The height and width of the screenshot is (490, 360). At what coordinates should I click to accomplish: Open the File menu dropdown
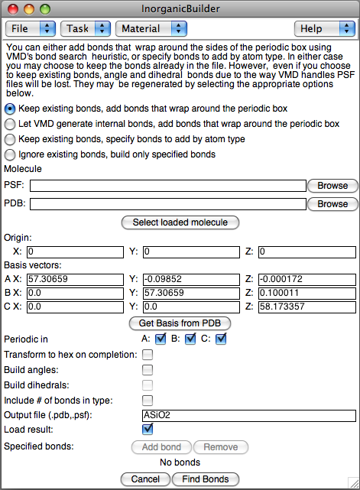(x=31, y=29)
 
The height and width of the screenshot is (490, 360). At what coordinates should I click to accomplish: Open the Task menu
(x=85, y=29)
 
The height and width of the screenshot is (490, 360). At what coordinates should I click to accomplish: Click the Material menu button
(x=151, y=29)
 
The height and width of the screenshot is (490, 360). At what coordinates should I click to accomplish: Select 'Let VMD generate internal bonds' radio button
(x=10, y=124)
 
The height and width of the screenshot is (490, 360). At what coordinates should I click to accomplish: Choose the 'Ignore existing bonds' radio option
(x=10, y=154)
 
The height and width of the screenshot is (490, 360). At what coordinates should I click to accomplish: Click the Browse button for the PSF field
(x=332, y=186)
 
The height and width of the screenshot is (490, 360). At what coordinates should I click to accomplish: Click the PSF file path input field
(x=167, y=186)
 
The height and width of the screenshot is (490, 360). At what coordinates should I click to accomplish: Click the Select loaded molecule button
(x=180, y=222)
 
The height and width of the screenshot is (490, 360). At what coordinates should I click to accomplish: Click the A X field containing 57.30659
(x=74, y=279)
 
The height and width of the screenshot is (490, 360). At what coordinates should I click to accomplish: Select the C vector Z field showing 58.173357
(x=306, y=307)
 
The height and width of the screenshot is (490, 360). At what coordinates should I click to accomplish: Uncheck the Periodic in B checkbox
(x=190, y=339)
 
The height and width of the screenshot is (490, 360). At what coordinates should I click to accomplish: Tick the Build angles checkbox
(x=148, y=370)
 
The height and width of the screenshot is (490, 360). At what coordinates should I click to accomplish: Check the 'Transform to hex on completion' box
(x=148, y=355)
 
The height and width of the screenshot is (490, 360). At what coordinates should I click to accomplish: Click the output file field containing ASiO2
(x=248, y=416)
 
